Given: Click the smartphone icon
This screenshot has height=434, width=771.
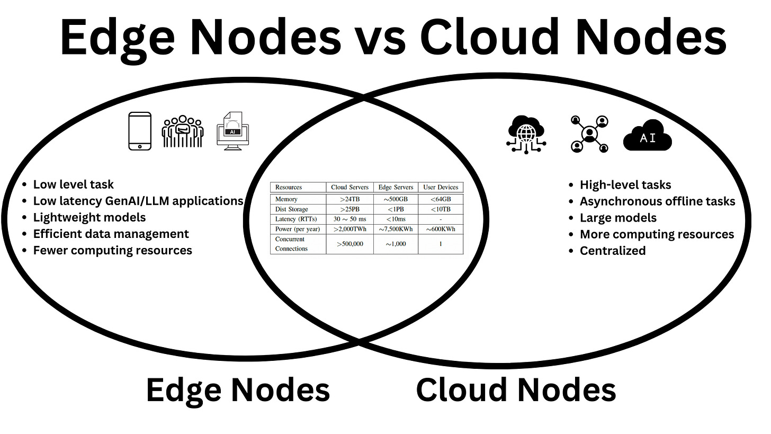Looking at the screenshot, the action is pos(140,131).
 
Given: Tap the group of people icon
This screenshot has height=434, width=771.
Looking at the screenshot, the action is pos(183,131).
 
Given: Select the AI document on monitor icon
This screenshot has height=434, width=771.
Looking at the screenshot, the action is pos(232,131).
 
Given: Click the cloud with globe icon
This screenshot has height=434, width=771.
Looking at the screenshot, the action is pos(526,134).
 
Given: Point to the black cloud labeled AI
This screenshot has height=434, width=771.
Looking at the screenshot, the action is pos(647,137).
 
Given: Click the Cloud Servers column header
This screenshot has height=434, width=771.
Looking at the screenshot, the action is pos(349,187).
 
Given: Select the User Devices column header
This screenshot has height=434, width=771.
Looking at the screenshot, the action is pos(441,187).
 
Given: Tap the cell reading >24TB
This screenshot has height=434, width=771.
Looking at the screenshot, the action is pos(349,199).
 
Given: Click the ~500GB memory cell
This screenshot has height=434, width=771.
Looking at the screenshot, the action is pos(396,199).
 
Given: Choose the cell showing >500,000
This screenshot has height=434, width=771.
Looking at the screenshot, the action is pos(349,244).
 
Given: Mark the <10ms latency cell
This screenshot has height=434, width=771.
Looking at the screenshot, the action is pos(396,219).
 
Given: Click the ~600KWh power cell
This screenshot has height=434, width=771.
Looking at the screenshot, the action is pos(441,229).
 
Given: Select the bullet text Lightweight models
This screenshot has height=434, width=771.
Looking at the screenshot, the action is pos(89,217).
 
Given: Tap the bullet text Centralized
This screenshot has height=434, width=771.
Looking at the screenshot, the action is pos(613,251).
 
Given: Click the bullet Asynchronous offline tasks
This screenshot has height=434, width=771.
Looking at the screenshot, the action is pos(657,201).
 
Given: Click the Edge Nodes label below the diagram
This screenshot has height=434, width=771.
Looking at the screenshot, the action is pos(238,390).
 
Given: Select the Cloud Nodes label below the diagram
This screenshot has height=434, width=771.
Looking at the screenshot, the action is pos(516,390).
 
